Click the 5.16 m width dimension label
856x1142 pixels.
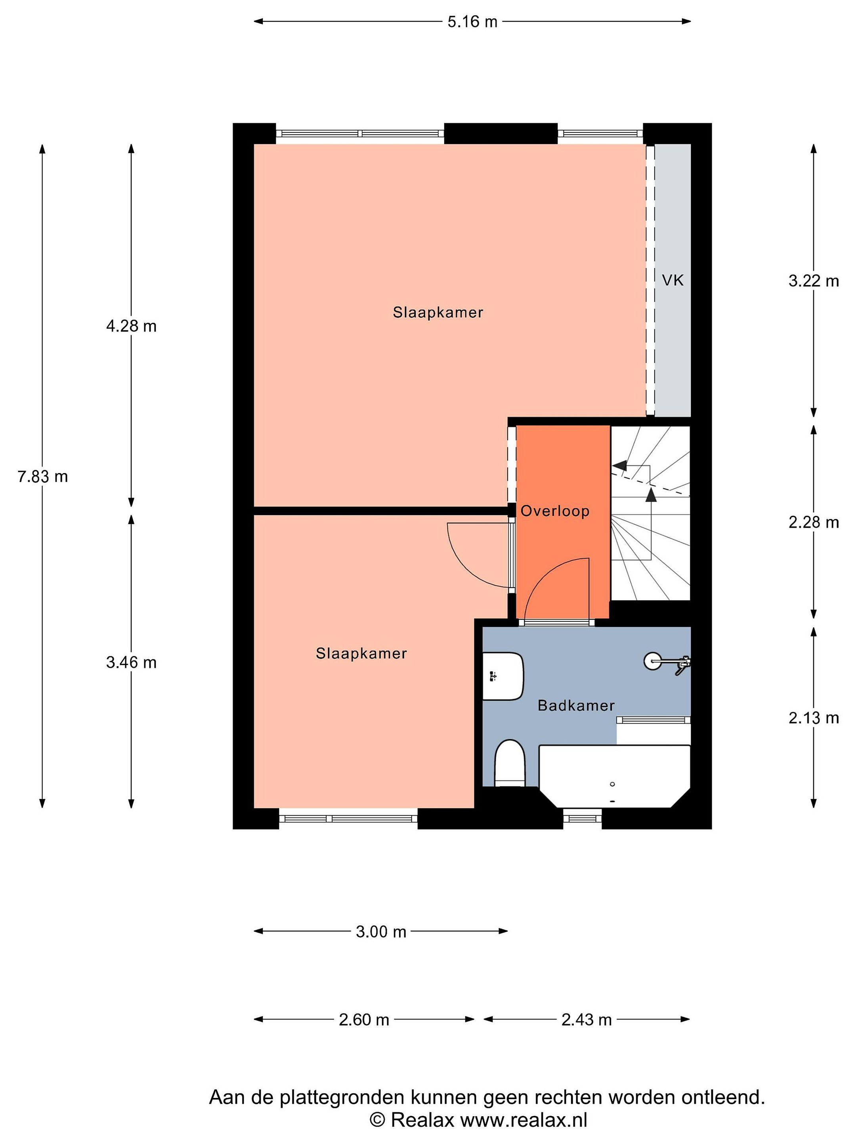(472, 22)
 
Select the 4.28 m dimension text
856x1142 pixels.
(131, 326)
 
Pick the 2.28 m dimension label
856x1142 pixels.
(814, 523)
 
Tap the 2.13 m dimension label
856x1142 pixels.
(814, 718)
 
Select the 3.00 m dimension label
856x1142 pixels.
(381, 931)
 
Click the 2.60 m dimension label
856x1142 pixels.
(364, 1019)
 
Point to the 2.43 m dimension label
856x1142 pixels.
(587, 1019)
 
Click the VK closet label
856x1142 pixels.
(673, 280)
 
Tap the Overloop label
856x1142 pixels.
(555, 511)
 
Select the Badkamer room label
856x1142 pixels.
(576, 705)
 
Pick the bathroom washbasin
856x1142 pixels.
(503, 676)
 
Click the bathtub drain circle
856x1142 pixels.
(612, 784)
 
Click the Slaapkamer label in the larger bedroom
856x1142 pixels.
(438, 312)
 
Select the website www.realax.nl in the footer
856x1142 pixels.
(524, 1120)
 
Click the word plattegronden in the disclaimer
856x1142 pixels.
(342, 1097)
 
